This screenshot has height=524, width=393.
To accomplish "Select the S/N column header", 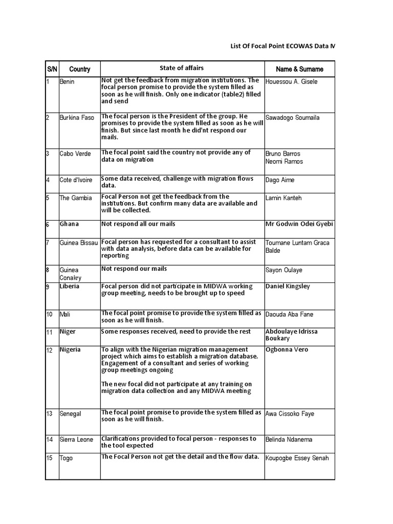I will pos(52,69).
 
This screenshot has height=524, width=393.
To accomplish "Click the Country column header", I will pos(79,69).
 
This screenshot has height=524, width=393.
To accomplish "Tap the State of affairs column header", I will pos(181,68).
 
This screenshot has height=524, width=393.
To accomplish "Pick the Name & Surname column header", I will pos(299,69).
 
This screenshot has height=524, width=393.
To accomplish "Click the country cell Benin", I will pos(67,82).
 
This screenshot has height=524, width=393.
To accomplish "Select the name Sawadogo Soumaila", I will pos(292,118).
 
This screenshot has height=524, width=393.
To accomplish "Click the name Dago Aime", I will pos(280,180).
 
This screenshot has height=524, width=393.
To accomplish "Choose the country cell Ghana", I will pos(69,224).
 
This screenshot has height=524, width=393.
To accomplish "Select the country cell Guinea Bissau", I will pos(79,243).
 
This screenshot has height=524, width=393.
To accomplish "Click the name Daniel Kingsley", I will pos(288,287).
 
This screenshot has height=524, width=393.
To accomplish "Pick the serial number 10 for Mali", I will pos(50,314).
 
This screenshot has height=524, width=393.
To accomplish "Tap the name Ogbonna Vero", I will pos(287,350).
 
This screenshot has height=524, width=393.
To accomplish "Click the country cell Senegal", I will pos(71,413).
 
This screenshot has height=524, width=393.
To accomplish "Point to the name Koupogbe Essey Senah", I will pos(297,458).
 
